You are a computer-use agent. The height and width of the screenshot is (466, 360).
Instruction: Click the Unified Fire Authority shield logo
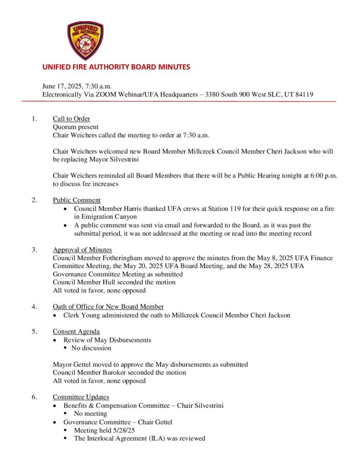coord(85,41)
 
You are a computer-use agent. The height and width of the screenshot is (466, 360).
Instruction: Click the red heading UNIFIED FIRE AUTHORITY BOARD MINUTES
coord(116,67)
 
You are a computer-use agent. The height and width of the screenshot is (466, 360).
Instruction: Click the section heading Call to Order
coord(71,119)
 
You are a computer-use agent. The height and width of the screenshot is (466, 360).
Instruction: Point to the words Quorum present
coord(76,127)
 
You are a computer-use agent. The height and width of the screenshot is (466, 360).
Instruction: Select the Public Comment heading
coord(76,200)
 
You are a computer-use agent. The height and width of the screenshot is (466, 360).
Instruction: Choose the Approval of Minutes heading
coord(82,250)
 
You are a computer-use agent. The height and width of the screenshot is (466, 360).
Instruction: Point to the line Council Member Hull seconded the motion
coord(114,282)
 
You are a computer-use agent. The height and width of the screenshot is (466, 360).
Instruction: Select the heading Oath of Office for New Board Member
coord(108,306)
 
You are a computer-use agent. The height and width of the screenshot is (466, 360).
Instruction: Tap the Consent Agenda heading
coord(76,331)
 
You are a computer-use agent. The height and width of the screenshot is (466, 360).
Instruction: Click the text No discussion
coord(91,348)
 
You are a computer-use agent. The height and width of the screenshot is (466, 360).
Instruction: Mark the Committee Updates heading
coord(81,397)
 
